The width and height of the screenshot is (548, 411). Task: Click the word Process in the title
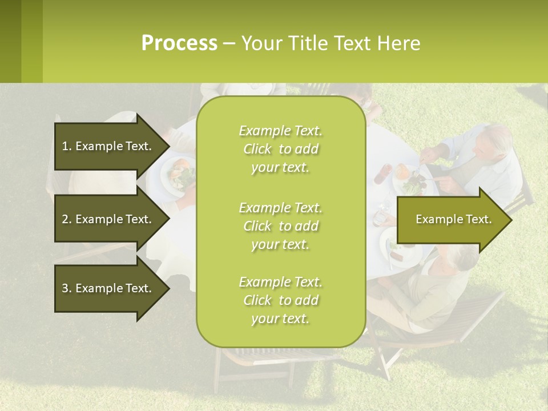[179, 43]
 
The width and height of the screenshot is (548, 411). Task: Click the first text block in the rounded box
[280, 149]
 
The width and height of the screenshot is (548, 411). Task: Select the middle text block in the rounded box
[280, 226]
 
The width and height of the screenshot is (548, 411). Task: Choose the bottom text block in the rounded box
[280, 300]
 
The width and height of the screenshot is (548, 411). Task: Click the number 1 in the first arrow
[65, 146]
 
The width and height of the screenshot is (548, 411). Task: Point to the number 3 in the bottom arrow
[65, 288]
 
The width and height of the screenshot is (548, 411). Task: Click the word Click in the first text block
[257, 149]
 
